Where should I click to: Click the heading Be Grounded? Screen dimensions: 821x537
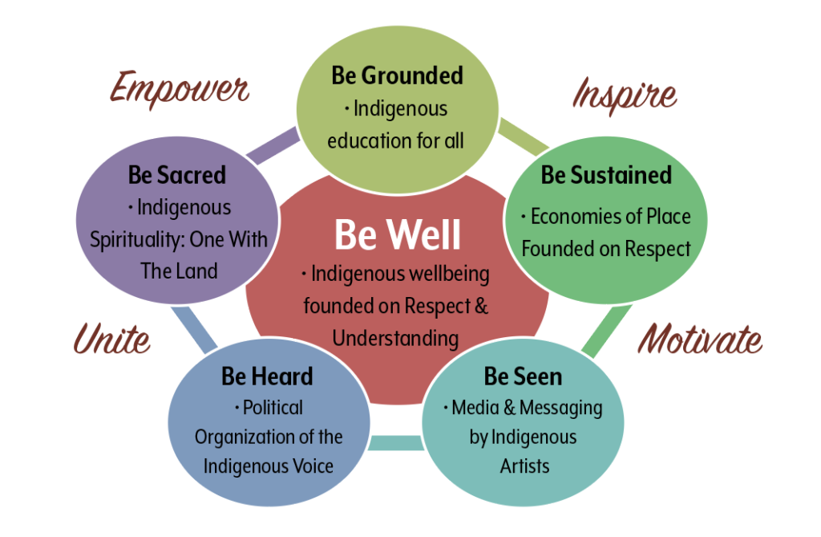point(398,75)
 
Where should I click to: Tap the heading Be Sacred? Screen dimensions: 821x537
point(177,175)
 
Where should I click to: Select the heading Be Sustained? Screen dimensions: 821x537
point(606,175)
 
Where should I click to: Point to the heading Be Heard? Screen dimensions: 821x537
point(267,376)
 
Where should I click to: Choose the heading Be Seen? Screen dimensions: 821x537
point(523,376)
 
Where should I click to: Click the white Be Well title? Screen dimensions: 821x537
point(398,234)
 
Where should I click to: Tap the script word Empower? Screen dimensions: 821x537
point(180,89)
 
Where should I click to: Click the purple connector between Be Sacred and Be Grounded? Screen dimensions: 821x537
point(273,144)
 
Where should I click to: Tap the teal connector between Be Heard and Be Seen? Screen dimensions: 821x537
point(395,443)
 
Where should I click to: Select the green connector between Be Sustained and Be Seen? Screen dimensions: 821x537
point(606,331)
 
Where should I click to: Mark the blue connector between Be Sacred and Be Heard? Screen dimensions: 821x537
point(194,329)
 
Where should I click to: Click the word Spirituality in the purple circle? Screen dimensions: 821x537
point(137,240)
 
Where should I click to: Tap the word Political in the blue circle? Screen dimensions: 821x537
point(273,408)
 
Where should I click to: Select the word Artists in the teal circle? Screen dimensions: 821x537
point(524,466)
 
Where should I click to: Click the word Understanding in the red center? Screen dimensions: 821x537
point(395,339)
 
